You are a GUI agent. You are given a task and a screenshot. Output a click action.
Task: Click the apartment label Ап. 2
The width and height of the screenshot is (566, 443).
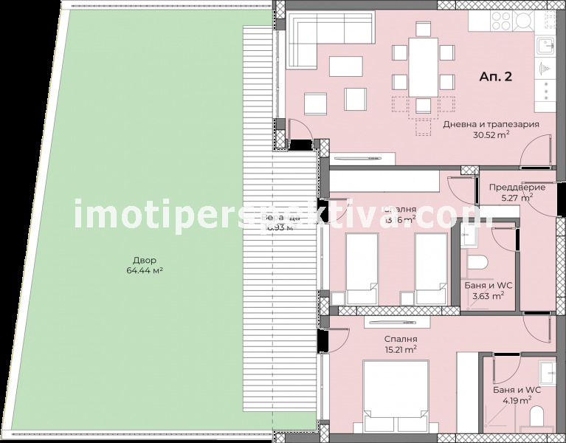point(495,76)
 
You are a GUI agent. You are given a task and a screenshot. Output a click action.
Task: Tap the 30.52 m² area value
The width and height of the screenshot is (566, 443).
point(490,136)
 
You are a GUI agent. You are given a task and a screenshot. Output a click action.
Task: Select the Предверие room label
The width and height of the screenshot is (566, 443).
point(517,187)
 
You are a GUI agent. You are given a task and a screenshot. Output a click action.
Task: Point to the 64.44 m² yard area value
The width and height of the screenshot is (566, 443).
point(145,271)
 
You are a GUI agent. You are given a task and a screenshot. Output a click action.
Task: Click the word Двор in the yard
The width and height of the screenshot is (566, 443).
point(145,261)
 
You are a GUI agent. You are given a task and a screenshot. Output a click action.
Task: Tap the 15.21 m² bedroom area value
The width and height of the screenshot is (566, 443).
point(400,350)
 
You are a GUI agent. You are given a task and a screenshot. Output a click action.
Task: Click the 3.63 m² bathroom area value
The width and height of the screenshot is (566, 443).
point(488,296)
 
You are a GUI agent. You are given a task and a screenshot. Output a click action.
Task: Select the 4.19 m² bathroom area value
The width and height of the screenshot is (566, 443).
point(517,401)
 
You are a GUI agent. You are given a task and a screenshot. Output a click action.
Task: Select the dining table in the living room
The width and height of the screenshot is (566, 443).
point(423,67)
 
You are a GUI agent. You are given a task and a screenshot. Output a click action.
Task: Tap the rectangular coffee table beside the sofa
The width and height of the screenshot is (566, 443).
point(345,66)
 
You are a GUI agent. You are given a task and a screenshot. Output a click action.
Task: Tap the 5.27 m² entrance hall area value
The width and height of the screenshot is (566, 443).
point(517,198)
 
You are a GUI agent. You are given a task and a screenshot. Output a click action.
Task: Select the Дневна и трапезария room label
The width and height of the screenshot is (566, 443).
point(490,125)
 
